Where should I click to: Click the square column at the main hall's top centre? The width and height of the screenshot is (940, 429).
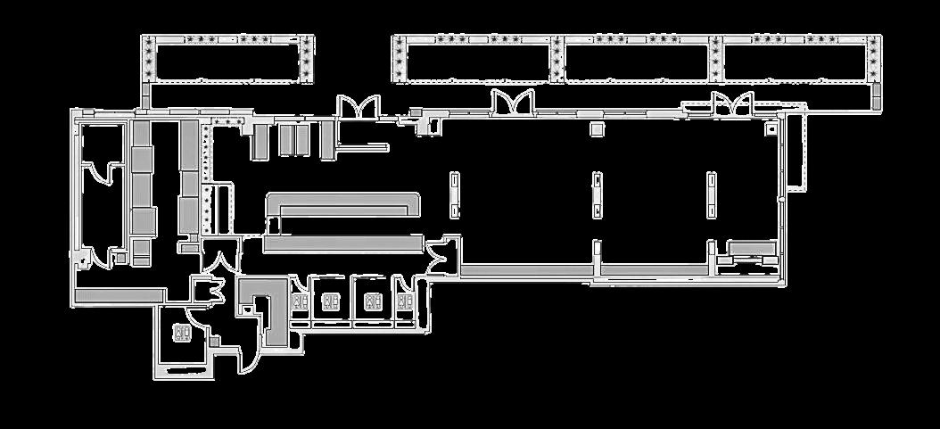coord(598,128)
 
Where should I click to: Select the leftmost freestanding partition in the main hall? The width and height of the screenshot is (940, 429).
coord(455,195)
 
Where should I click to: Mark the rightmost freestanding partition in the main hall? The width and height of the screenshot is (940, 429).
coord(712,195)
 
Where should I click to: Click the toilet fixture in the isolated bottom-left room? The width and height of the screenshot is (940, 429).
coord(182,334)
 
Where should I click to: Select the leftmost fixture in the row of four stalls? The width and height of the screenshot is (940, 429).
coord(329,301)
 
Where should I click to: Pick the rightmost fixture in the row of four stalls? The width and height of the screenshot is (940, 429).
coord(406,301)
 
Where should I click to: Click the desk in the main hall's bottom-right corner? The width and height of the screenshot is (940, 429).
coord(750,250)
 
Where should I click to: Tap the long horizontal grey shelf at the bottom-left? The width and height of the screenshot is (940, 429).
coord(120,295)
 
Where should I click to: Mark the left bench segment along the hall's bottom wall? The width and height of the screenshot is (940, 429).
coord(526,268)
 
